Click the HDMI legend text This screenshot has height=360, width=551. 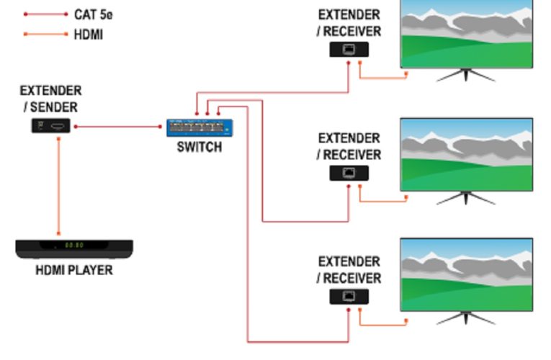pyautogui.click(x=88, y=34)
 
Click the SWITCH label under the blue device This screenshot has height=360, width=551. pyautogui.click(x=200, y=148)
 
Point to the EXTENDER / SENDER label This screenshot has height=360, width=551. pyautogui.click(x=50, y=99)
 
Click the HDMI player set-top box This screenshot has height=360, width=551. pyautogui.click(x=74, y=248)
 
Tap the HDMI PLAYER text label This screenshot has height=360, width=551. pyautogui.click(x=74, y=271)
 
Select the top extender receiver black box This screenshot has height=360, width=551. pyautogui.click(x=349, y=50)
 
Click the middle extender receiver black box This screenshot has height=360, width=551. pyautogui.click(x=349, y=173)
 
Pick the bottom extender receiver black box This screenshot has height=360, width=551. pyautogui.click(x=349, y=297)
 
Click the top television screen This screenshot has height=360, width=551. pyautogui.click(x=466, y=32)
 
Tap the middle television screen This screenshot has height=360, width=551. pyautogui.click(x=466, y=154)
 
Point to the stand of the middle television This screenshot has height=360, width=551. pyautogui.click(x=466, y=197)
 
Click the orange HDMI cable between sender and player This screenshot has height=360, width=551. pyautogui.click(x=58, y=187)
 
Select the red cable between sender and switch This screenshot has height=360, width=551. pyautogui.click(x=119, y=127)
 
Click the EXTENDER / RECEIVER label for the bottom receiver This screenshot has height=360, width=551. pyautogui.click(x=349, y=270)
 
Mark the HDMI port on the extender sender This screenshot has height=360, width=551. pyautogui.click(x=58, y=127)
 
